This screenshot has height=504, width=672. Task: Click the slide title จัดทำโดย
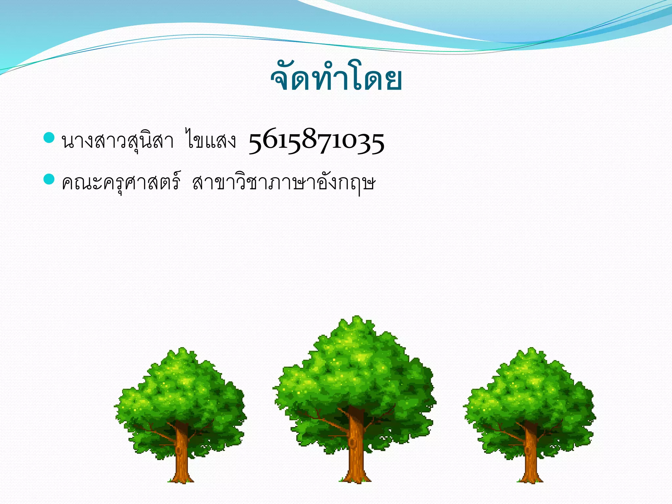click(x=336, y=79)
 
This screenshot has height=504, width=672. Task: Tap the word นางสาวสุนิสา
click(x=117, y=141)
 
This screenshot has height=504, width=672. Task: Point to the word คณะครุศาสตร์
click(x=121, y=182)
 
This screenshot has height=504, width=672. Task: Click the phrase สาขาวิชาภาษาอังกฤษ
click(x=283, y=182)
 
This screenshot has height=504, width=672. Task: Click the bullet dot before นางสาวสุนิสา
click(x=49, y=138)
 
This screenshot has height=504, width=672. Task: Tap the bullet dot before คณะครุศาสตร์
click(x=49, y=179)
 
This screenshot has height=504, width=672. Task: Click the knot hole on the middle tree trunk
click(x=352, y=443)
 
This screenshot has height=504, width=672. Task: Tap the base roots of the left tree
click(x=181, y=479)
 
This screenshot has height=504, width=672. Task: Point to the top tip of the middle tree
click(x=356, y=318)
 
